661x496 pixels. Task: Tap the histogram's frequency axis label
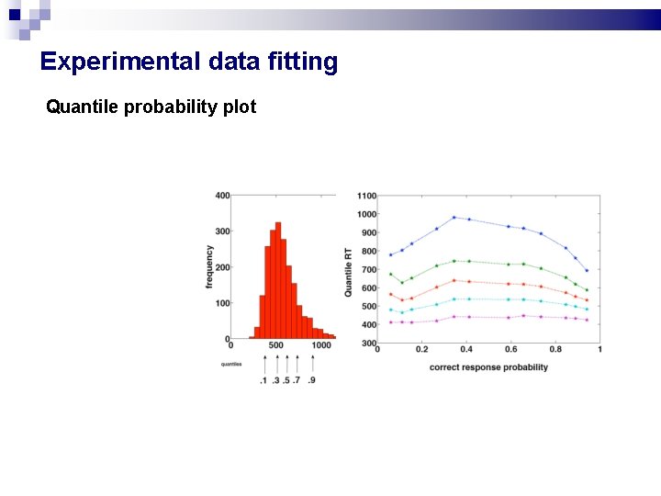click(209, 267)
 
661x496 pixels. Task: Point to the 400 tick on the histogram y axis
click(222, 196)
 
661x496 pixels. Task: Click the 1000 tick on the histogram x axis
click(320, 346)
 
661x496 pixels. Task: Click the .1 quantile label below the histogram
click(263, 380)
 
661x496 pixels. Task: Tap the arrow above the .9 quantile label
click(312, 363)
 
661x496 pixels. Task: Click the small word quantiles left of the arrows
click(231, 364)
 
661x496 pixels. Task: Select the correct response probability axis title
click(488, 367)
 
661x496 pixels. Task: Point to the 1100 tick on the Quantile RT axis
click(366, 196)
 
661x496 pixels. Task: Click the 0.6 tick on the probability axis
click(510, 350)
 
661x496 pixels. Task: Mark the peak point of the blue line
click(454, 218)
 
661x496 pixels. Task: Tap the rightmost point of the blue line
click(587, 270)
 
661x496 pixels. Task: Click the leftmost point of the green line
click(390, 274)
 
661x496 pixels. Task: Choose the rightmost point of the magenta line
click(587, 320)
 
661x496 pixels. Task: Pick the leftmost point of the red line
click(390, 294)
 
